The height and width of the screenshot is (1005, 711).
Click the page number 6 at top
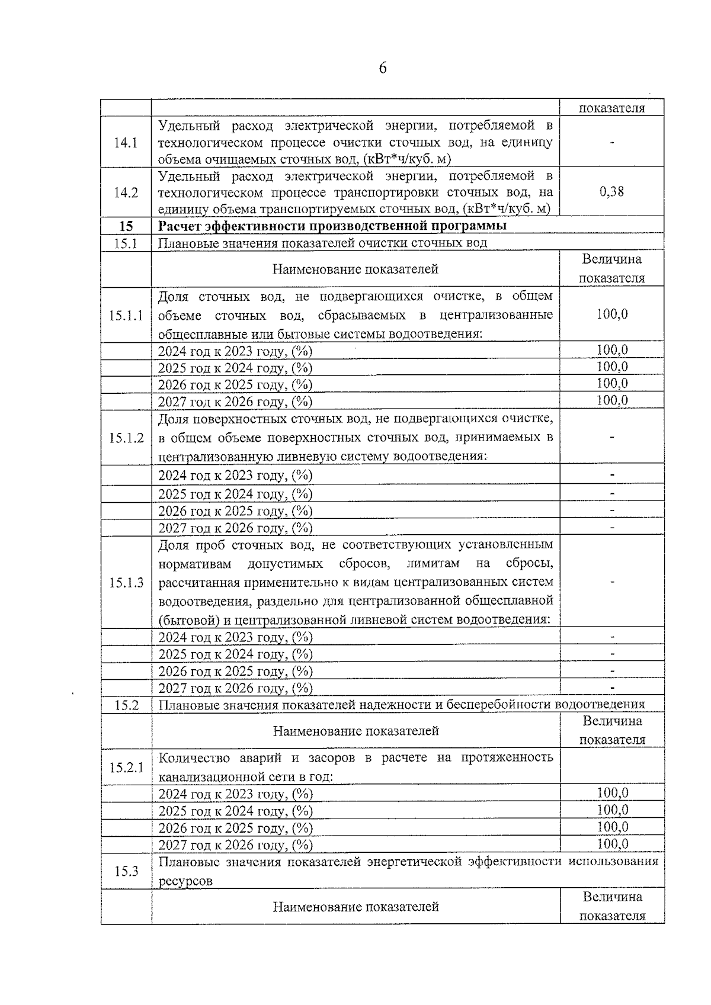(x=382, y=69)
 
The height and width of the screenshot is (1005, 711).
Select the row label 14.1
(x=126, y=143)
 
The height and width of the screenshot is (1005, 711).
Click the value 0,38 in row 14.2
(x=611, y=192)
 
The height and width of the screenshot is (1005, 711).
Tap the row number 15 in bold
(x=126, y=226)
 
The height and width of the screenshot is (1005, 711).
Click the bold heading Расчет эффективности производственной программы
(x=332, y=226)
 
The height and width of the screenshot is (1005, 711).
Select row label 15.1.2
(x=126, y=438)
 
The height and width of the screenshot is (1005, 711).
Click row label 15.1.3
(x=126, y=583)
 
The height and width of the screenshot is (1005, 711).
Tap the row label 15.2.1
(x=126, y=768)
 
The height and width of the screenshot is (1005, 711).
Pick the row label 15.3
(x=126, y=871)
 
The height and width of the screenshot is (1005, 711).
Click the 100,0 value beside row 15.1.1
(x=611, y=314)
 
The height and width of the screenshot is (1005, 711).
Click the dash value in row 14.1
(x=611, y=143)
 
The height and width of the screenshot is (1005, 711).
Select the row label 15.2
(x=126, y=705)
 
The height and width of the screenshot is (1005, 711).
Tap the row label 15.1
(x=126, y=243)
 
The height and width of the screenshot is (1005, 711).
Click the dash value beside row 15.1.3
(x=611, y=582)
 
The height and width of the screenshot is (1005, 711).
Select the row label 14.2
(x=126, y=192)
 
